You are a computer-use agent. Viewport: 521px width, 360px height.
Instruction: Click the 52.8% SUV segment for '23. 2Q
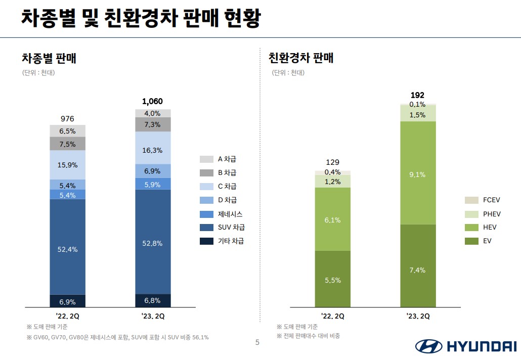153,243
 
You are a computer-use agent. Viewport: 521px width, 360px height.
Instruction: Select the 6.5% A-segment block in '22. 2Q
67,131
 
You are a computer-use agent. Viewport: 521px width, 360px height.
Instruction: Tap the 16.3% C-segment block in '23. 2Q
153,150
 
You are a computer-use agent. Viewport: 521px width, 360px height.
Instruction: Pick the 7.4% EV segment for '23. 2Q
417,270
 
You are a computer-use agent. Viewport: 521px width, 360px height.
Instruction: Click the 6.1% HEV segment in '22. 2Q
332,220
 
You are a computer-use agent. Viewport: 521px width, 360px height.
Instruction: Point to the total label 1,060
153,102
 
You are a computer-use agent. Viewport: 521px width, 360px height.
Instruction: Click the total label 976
67,119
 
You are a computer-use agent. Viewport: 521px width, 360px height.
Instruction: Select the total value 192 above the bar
417,95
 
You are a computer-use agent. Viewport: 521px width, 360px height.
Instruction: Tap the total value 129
332,162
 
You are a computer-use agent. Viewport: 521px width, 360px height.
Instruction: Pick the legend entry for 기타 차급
223,241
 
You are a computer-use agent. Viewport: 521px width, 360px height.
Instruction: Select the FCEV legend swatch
471,200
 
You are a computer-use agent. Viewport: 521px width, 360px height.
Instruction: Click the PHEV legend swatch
471,214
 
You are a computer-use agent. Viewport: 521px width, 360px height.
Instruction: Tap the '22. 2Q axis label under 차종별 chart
67,317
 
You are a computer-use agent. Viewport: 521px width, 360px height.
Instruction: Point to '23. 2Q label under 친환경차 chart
417,317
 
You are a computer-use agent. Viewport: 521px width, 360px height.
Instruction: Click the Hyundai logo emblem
428,346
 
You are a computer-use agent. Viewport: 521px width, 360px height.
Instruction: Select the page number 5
257,342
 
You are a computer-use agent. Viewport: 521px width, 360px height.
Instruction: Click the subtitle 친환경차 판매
301,58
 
